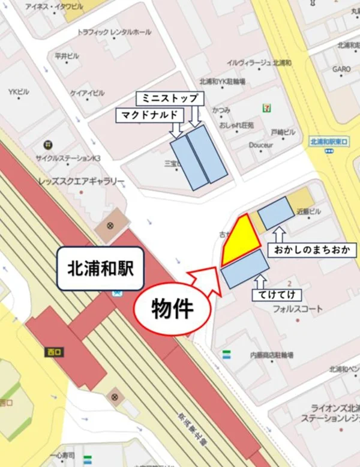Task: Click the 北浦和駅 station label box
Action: click(x=100, y=269)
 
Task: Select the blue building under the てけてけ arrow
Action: click(x=244, y=268)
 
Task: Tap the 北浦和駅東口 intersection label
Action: click(x=331, y=142)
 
